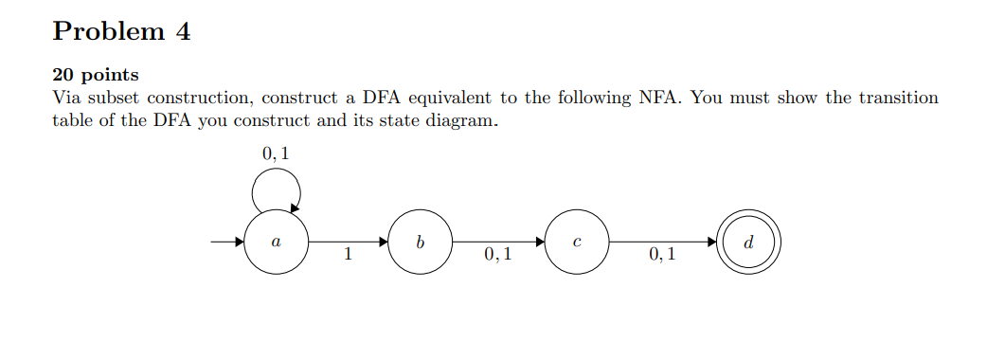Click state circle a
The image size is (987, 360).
coord(276,243)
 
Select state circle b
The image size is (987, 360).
coord(420,243)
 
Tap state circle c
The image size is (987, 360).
coord(576,243)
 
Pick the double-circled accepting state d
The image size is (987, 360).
coord(749,243)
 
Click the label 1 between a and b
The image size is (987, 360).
coord(349,254)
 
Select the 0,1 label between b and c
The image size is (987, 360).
coord(497,254)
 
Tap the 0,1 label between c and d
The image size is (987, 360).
coord(663,254)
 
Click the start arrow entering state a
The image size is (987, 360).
coord(226,243)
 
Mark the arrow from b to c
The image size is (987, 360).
coord(497,243)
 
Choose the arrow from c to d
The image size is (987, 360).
coord(663,243)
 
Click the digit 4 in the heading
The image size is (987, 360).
coord(183,31)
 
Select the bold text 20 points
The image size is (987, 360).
coord(95,75)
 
